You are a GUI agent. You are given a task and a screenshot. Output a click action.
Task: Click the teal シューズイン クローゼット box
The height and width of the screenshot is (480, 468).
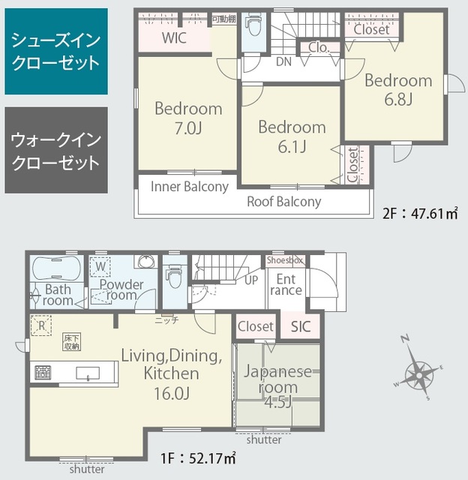(55, 52)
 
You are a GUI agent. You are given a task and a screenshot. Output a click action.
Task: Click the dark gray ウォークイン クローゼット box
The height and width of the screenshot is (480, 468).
(55, 150)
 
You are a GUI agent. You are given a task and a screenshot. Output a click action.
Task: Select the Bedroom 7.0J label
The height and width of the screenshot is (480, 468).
(188, 118)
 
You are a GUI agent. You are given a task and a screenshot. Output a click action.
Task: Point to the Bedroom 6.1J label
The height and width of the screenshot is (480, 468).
(292, 136)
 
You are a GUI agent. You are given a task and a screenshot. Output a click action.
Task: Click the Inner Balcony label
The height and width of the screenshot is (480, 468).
(190, 187)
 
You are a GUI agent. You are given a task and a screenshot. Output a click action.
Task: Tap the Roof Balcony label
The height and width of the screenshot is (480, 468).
(284, 201)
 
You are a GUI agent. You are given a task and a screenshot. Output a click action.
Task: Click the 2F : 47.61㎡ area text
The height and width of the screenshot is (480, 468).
(421, 213)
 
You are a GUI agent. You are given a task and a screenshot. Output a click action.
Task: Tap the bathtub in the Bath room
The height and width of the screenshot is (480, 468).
(57, 268)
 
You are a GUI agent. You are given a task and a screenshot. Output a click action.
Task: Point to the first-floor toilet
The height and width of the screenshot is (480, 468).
(174, 277)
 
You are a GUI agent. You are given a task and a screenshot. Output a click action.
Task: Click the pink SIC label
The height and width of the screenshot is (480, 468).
(301, 326)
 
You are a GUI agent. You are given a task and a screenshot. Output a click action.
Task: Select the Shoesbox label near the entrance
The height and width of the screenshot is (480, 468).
(286, 260)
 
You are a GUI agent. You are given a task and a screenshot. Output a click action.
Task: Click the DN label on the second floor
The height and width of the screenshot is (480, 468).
(284, 61)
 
